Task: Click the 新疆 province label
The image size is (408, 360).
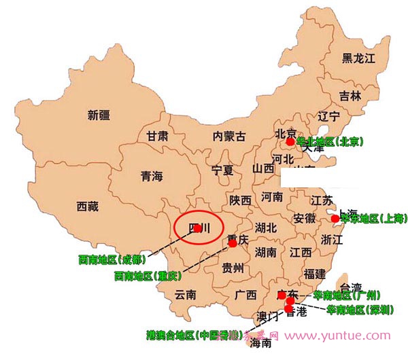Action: (100, 115)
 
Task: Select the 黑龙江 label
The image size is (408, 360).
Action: (358, 58)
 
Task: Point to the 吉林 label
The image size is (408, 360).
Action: (350, 96)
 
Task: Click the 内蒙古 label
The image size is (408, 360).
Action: (229, 136)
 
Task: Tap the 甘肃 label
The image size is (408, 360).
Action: (157, 136)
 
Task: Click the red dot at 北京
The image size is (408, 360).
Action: (290, 142)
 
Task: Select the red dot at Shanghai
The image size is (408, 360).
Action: (335, 219)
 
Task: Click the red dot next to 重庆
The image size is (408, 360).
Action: (232, 242)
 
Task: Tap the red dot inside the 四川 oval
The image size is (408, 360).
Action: (197, 228)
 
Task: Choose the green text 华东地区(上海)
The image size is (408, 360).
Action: (373, 219)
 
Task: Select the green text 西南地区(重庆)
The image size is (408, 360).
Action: (147, 276)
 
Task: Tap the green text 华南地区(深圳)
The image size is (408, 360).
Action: (359, 310)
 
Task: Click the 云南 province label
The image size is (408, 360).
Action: (185, 295)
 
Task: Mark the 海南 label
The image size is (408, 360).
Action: (260, 344)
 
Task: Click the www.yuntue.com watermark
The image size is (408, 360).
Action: (343, 336)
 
